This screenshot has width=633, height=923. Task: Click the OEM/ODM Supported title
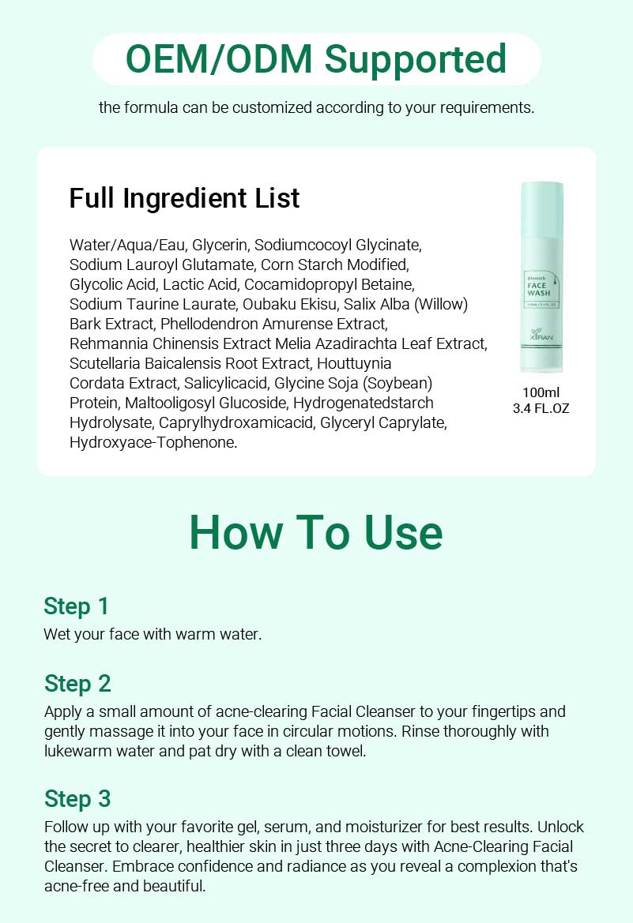pos(316,59)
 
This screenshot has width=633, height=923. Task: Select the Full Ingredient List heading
pos(184,197)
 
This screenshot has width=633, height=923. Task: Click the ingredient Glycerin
pos(220,245)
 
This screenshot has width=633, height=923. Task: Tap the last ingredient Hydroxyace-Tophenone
pos(153,442)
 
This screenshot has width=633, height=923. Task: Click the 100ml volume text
pos(541,392)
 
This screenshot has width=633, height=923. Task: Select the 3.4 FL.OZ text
pos(541,408)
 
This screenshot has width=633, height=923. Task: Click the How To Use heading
pos(316,533)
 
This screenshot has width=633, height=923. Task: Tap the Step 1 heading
pos(76,606)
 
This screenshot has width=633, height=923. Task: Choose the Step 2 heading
pos(77,683)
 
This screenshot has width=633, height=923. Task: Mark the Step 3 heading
pos(77,799)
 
